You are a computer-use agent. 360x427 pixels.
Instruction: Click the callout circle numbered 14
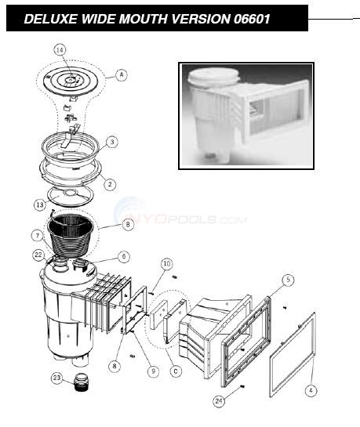[60, 50]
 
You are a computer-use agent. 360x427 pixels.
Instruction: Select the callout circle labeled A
[122, 74]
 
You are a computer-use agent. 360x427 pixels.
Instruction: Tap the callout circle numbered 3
[111, 142]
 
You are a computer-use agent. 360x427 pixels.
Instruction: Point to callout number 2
[110, 184]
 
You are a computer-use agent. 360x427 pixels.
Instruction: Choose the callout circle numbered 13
[40, 204]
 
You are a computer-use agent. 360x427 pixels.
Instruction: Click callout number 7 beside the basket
[38, 236]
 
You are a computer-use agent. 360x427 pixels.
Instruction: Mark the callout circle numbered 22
[38, 255]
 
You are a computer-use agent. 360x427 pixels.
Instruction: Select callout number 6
[124, 256]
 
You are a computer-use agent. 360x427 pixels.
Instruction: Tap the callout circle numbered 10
[167, 263]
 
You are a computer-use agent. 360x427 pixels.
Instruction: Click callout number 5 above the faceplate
[288, 280]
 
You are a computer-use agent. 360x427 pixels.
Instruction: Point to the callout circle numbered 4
[311, 391]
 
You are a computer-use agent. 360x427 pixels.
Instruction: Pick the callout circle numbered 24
[219, 401]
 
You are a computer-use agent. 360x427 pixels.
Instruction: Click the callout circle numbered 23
[56, 378]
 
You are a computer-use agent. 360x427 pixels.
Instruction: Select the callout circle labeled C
[176, 371]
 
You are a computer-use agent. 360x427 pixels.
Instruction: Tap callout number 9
[153, 371]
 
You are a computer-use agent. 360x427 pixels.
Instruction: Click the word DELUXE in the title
[50, 19]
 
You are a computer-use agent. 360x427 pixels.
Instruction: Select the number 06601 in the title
[252, 19]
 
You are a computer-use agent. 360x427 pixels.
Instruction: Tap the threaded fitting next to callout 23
[82, 383]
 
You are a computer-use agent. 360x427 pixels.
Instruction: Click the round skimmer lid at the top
[71, 81]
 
